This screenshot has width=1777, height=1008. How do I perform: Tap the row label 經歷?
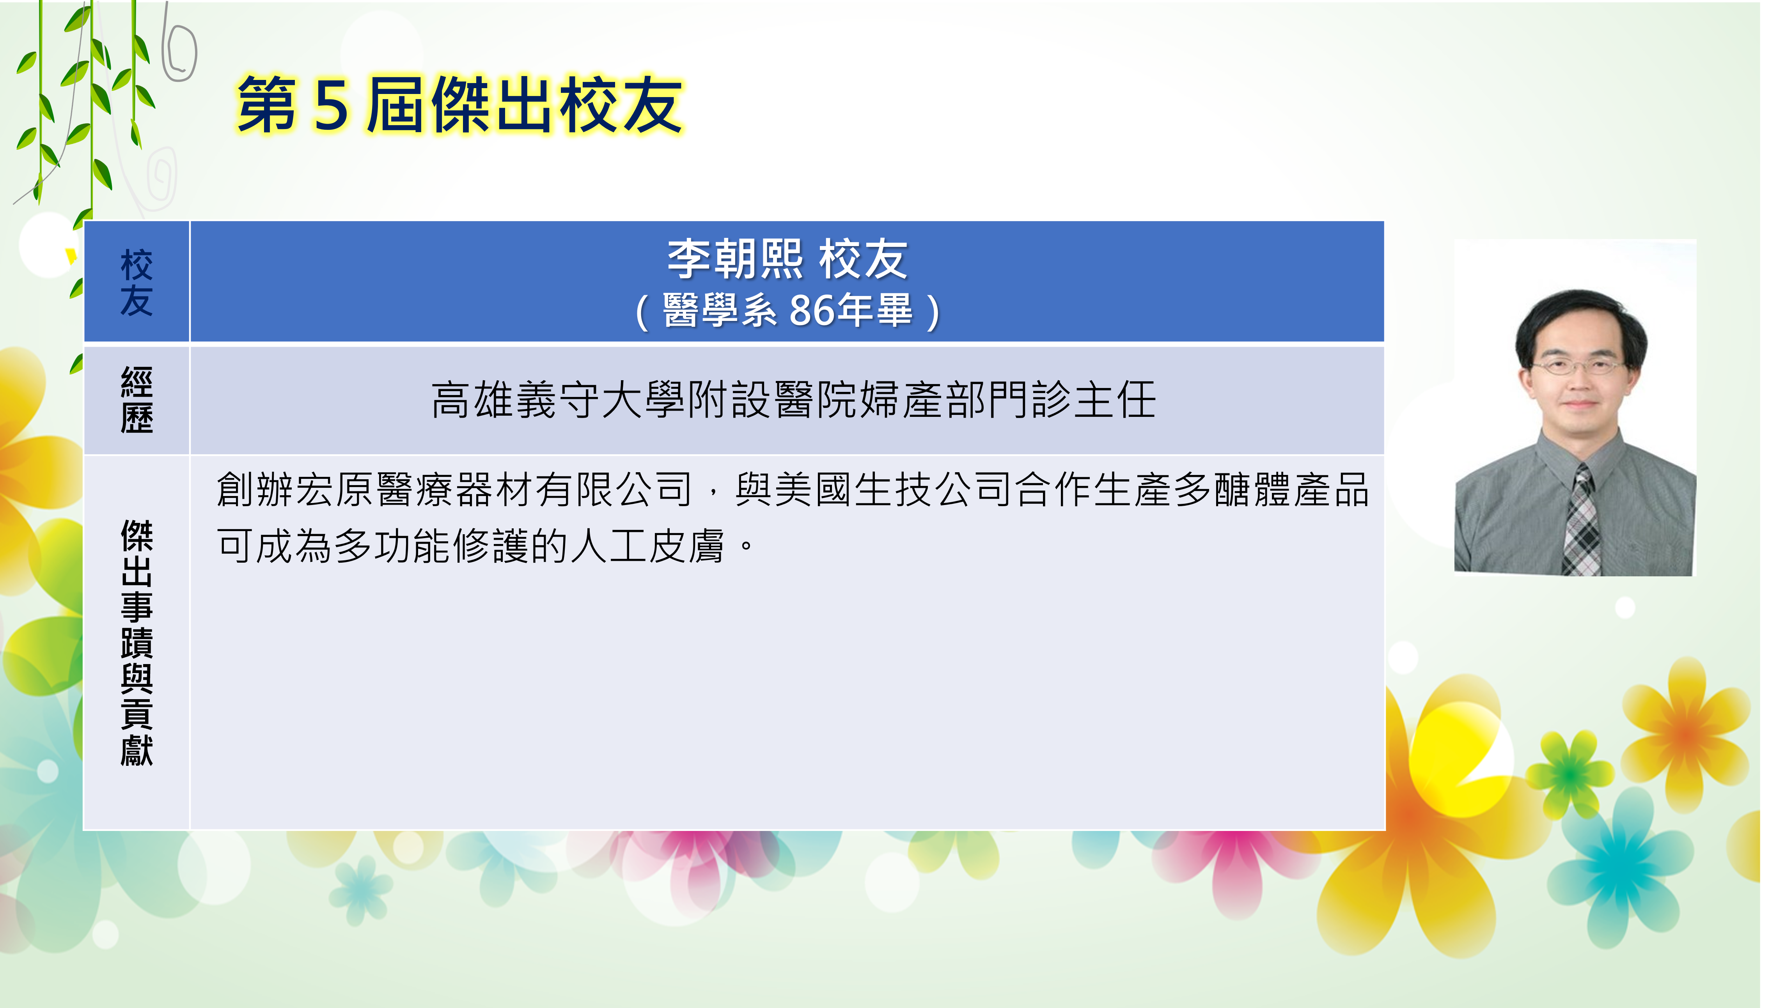point(137,400)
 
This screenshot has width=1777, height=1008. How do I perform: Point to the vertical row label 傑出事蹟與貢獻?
point(137,643)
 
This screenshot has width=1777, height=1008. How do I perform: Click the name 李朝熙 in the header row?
point(735,259)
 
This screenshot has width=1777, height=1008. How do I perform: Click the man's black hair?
point(1580,325)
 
